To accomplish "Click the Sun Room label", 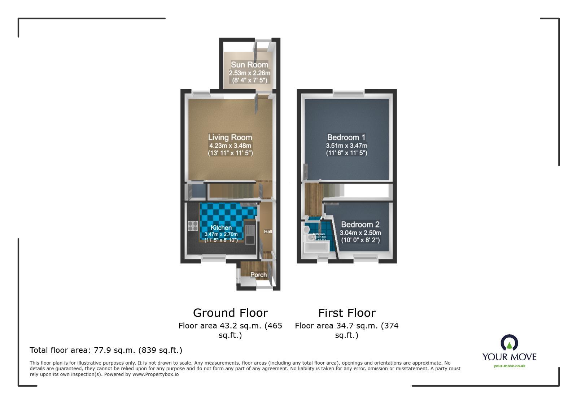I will [249, 65].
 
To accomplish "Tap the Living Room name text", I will [230, 137].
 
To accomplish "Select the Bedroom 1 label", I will [346, 137].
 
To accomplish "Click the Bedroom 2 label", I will [360, 224].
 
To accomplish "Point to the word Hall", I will [268, 231].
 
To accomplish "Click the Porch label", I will [258, 275].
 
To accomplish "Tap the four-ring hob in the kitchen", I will [193, 226].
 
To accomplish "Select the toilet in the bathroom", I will [306, 230].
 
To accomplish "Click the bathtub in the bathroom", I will [316, 247].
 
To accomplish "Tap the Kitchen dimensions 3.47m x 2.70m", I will [221, 234].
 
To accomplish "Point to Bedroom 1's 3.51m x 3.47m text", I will [346, 145].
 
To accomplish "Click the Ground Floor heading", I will [230, 313].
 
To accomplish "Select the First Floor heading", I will [346, 313].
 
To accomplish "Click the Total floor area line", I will [106, 350].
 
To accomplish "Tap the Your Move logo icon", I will [509, 343].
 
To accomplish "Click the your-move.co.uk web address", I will [509, 366].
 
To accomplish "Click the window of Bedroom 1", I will [348, 94].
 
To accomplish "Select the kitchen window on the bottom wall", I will [213, 257].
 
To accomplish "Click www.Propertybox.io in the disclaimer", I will [155, 374].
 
